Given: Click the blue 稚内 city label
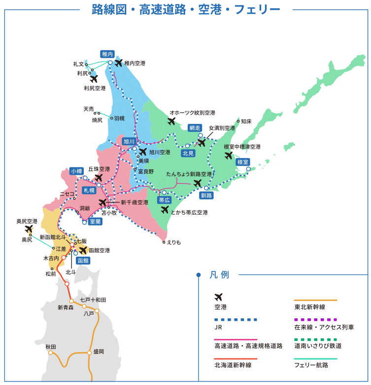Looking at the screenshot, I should (x=107, y=53).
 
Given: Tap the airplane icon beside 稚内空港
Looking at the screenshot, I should (x=118, y=63).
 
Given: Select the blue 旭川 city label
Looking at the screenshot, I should (x=129, y=141).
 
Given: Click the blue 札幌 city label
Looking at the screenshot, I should (x=89, y=190).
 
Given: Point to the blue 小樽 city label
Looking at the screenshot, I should (x=77, y=171).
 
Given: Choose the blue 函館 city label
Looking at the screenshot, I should (x=83, y=260).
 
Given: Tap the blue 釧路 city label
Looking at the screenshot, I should (x=206, y=195).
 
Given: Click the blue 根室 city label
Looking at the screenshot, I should (x=242, y=162).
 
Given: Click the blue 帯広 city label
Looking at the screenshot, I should (x=164, y=200).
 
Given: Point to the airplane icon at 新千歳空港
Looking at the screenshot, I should (x=102, y=202).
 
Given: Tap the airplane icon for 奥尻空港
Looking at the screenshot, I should (x=29, y=229).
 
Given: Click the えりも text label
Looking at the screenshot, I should (x=174, y=242).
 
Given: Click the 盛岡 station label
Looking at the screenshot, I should (x=98, y=352).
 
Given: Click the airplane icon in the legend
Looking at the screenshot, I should (x=219, y=297).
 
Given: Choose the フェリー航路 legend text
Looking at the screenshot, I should (x=311, y=365).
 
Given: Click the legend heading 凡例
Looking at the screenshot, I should (x=219, y=275).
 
